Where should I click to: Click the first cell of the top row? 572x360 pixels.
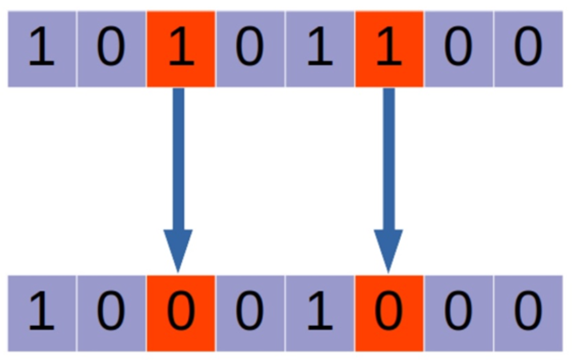pyautogui.click(x=42, y=49)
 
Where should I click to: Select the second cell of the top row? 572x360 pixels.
pyautogui.click(x=111, y=49)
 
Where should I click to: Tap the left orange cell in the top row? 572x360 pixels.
pyautogui.click(x=181, y=49)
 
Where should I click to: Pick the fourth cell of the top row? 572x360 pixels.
pyautogui.click(x=250, y=49)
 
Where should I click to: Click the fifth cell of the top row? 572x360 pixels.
pyautogui.click(x=320, y=49)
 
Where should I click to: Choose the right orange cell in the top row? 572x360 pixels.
pyautogui.click(x=389, y=49)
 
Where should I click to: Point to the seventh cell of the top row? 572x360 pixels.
pyautogui.click(x=458, y=49)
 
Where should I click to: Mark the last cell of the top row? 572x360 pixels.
pyautogui.click(x=528, y=49)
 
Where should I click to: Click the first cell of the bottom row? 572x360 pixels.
pyautogui.click(x=42, y=313)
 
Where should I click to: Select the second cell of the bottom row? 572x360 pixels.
pyautogui.click(x=111, y=313)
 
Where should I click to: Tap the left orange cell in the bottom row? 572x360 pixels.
pyautogui.click(x=181, y=313)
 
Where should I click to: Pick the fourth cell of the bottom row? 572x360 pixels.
pyautogui.click(x=250, y=313)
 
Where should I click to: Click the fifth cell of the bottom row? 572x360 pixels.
pyautogui.click(x=320, y=313)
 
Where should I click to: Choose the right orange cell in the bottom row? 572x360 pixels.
pyautogui.click(x=389, y=313)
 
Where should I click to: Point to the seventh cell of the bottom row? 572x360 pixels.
pyautogui.click(x=458, y=313)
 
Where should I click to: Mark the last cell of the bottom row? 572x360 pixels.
pyautogui.click(x=528, y=313)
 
